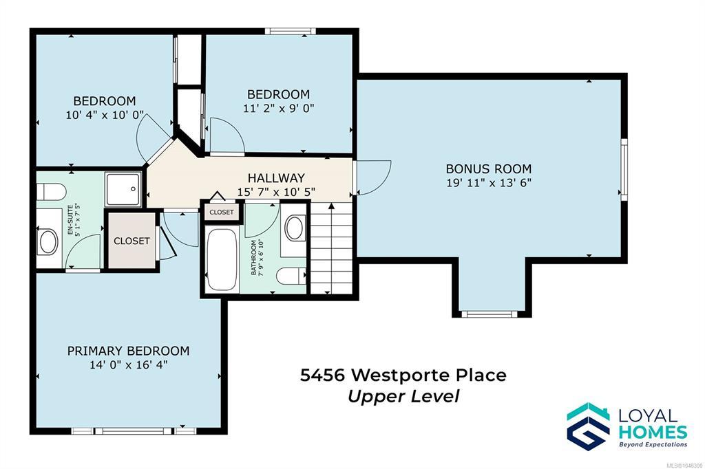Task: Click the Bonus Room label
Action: coord(489,169)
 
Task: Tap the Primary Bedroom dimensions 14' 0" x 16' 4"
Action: coord(129,364)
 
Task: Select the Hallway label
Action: coord(276,178)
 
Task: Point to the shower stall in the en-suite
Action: coord(123,189)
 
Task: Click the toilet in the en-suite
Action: coord(51,192)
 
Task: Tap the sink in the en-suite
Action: coord(49,241)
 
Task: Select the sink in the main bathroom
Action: coord(294,228)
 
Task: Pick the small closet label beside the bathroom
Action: coord(222,212)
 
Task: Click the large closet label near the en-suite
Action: coord(131,241)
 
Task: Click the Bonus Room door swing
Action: coord(374,177)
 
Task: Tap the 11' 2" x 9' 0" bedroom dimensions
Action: coord(279,108)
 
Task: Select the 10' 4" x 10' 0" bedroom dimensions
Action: coord(105,115)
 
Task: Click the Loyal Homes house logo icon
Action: coord(588,426)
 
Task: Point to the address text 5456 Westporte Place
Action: coord(403,375)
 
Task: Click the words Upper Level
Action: coord(403,396)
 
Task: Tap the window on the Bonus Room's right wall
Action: coord(624,169)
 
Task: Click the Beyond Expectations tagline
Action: coord(653,445)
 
